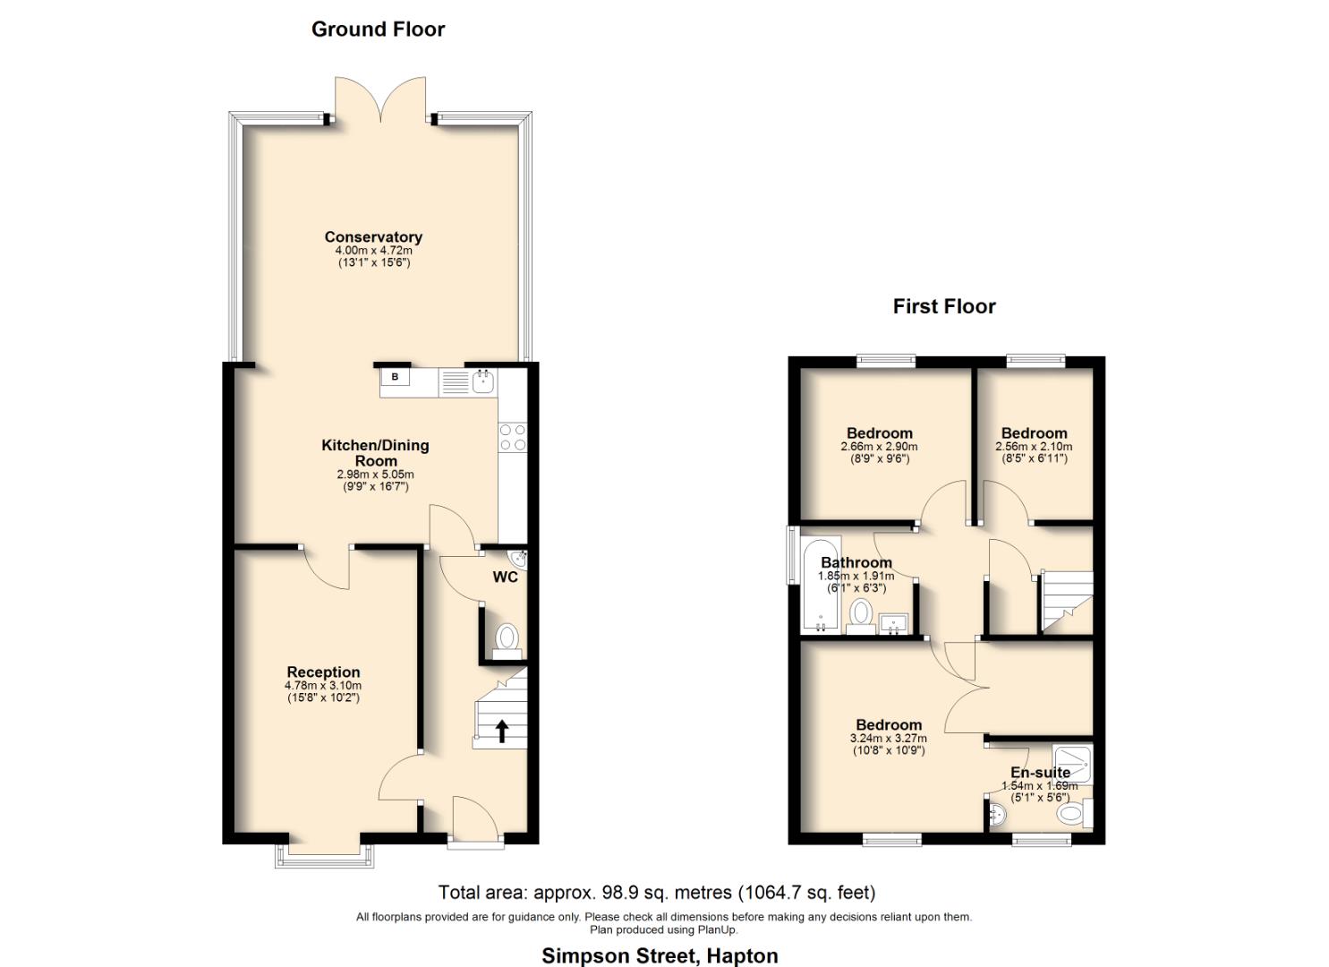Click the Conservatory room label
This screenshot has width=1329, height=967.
(373, 237)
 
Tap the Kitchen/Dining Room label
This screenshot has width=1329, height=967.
(375, 452)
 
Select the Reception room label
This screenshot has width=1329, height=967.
(323, 672)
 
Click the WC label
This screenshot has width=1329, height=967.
(505, 578)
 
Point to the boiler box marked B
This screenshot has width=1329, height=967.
(395, 377)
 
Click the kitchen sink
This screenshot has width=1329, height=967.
(483, 381)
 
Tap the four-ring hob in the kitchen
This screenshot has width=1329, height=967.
(513, 437)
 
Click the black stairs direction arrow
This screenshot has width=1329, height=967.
(501, 731)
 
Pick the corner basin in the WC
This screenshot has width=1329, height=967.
(521, 559)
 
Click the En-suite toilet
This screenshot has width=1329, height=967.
(1072, 814)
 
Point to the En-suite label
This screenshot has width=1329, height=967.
(1040, 773)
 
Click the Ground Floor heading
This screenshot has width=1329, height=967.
(378, 30)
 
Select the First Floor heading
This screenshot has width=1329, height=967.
(943, 306)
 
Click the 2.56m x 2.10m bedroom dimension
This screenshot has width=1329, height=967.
(1034, 447)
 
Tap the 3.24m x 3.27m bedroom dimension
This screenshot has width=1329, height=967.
(888, 739)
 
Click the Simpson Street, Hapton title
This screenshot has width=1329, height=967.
(660, 955)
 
